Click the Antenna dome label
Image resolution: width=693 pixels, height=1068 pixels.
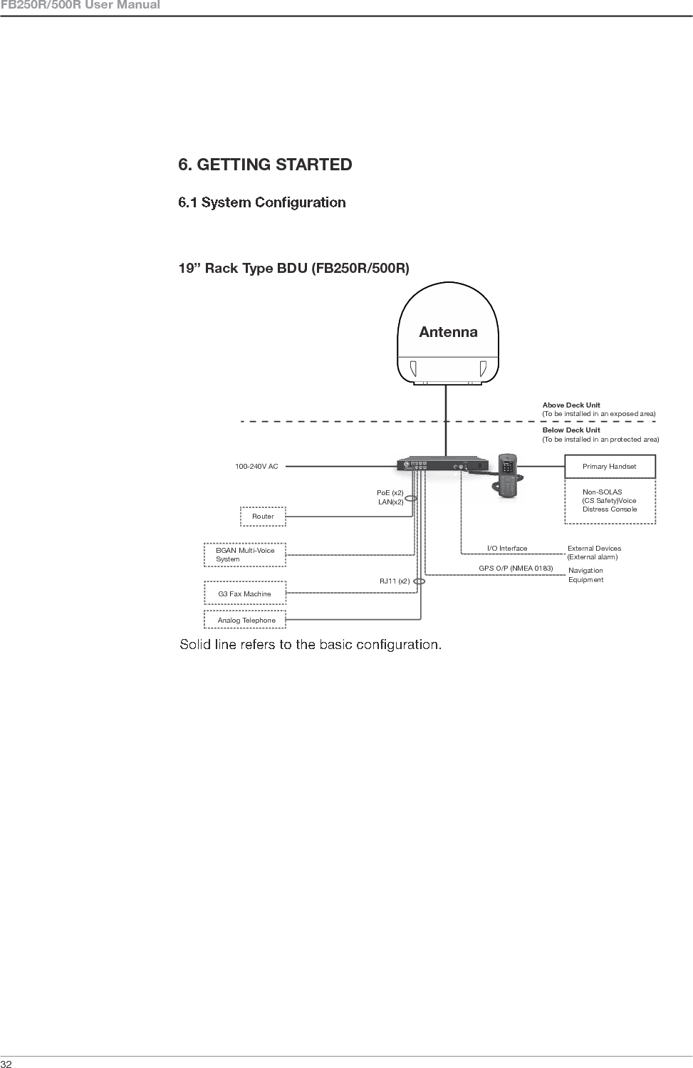448,332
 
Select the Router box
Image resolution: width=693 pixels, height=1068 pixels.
263,516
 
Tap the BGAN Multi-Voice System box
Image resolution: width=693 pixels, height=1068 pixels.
245,555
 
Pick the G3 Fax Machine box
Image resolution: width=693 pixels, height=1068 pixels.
244,593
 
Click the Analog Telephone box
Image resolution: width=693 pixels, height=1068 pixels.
246,621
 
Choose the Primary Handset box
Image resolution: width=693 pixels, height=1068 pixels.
609,467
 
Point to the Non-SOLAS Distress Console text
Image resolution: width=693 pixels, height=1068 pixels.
609,501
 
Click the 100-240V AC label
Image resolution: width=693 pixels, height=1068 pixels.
256,467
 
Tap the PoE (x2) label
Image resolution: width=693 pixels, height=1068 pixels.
390,493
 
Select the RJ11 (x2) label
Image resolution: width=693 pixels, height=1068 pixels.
394,581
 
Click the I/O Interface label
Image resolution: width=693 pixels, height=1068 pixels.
507,549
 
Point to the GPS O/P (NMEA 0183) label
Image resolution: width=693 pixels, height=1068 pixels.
516,568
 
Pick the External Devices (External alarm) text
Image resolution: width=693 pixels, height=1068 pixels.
594,553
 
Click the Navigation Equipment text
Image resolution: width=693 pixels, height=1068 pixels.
585,575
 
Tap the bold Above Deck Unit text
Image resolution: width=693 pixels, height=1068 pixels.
571,405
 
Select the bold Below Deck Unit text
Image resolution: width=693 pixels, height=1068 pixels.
571,430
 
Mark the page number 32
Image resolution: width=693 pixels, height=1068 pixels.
6,1063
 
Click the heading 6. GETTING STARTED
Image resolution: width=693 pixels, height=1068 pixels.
265,165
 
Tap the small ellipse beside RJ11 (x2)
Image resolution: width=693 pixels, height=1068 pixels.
419,581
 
